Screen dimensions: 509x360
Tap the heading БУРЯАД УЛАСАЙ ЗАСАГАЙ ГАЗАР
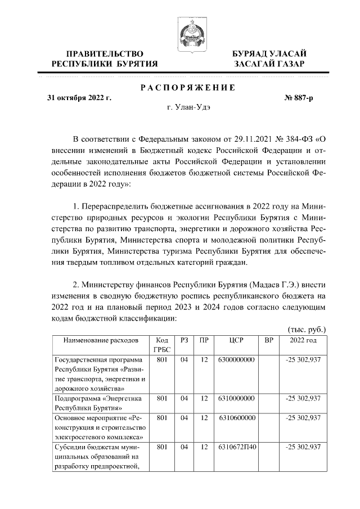(269, 58)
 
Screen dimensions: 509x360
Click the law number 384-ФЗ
(299, 139)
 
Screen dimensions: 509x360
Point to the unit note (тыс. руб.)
(307, 329)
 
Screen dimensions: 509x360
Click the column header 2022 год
(303, 341)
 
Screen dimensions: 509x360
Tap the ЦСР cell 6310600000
(236, 418)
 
